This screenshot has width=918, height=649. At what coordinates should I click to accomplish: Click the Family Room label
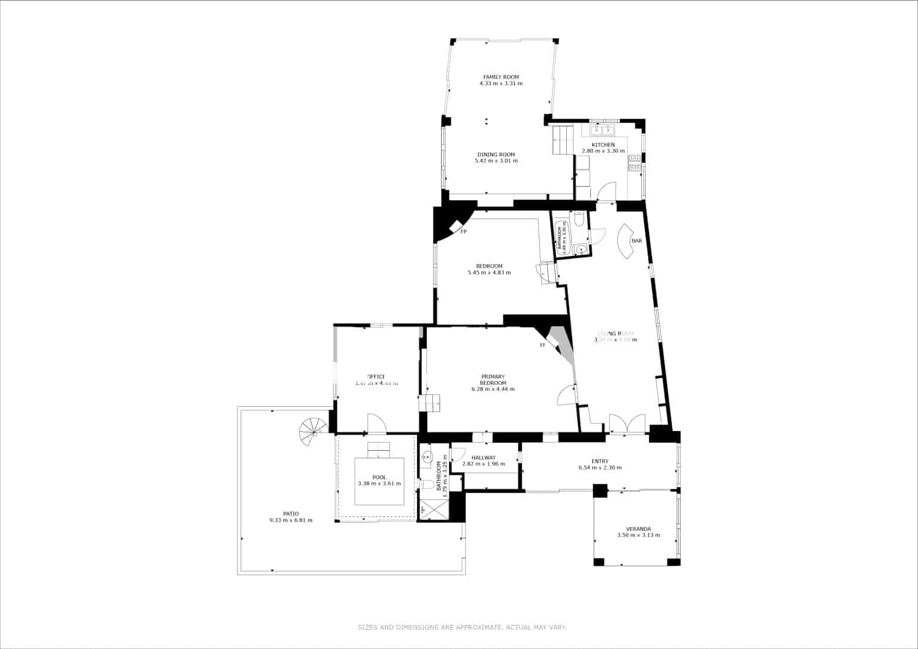(x=500, y=77)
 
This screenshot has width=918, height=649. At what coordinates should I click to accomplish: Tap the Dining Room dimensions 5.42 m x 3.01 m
(x=496, y=160)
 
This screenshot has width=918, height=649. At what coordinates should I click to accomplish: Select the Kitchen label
(x=603, y=144)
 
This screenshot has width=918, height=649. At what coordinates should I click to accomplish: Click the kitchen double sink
(x=603, y=128)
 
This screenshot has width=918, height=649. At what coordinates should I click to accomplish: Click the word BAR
(x=637, y=241)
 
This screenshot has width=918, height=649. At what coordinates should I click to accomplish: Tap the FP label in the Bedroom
(x=463, y=232)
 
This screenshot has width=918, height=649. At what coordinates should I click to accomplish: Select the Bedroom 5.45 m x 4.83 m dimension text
(x=489, y=273)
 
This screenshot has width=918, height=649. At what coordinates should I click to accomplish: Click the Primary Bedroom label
(x=493, y=380)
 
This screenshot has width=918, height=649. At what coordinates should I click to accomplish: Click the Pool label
(x=379, y=477)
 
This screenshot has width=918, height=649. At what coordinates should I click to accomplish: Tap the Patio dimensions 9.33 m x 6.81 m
(x=290, y=521)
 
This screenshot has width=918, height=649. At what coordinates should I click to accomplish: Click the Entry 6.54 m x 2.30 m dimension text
(x=599, y=468)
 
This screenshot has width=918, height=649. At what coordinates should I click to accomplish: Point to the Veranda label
(x=638, y=529)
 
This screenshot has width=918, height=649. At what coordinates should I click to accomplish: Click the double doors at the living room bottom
(x=627, y=424)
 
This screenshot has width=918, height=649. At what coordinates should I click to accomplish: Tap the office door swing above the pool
(x=377, y=423)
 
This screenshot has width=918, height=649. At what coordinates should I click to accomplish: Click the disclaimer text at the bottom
(x=462, y=626)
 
